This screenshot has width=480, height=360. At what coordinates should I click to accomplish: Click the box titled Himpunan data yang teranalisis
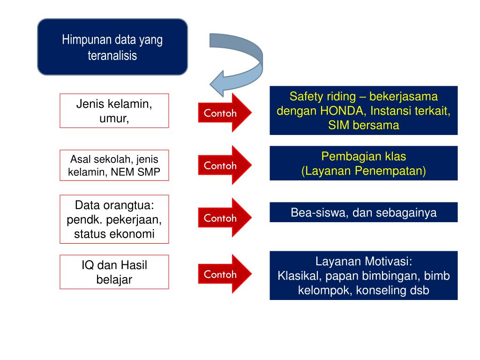pos(112,47)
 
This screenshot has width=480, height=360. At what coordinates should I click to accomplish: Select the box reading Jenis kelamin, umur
pos(114,111)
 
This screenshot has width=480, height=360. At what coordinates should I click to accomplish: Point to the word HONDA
pos(340,112)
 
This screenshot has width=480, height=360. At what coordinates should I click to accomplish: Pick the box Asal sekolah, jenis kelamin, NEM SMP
pos(114,165)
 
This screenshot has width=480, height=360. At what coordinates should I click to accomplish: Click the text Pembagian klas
pos(363,157)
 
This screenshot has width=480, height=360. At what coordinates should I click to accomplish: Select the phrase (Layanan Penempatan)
pos(363,171)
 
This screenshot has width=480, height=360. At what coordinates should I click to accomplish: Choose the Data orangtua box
pos(114,219)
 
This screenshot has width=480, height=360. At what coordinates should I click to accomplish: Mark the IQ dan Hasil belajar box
pos(114,272)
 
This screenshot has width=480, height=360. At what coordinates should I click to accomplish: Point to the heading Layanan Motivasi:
pos(363,261)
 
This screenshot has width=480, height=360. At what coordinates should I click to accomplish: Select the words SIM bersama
pos(363,126)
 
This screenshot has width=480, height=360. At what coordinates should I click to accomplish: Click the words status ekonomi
pos(114,234)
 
